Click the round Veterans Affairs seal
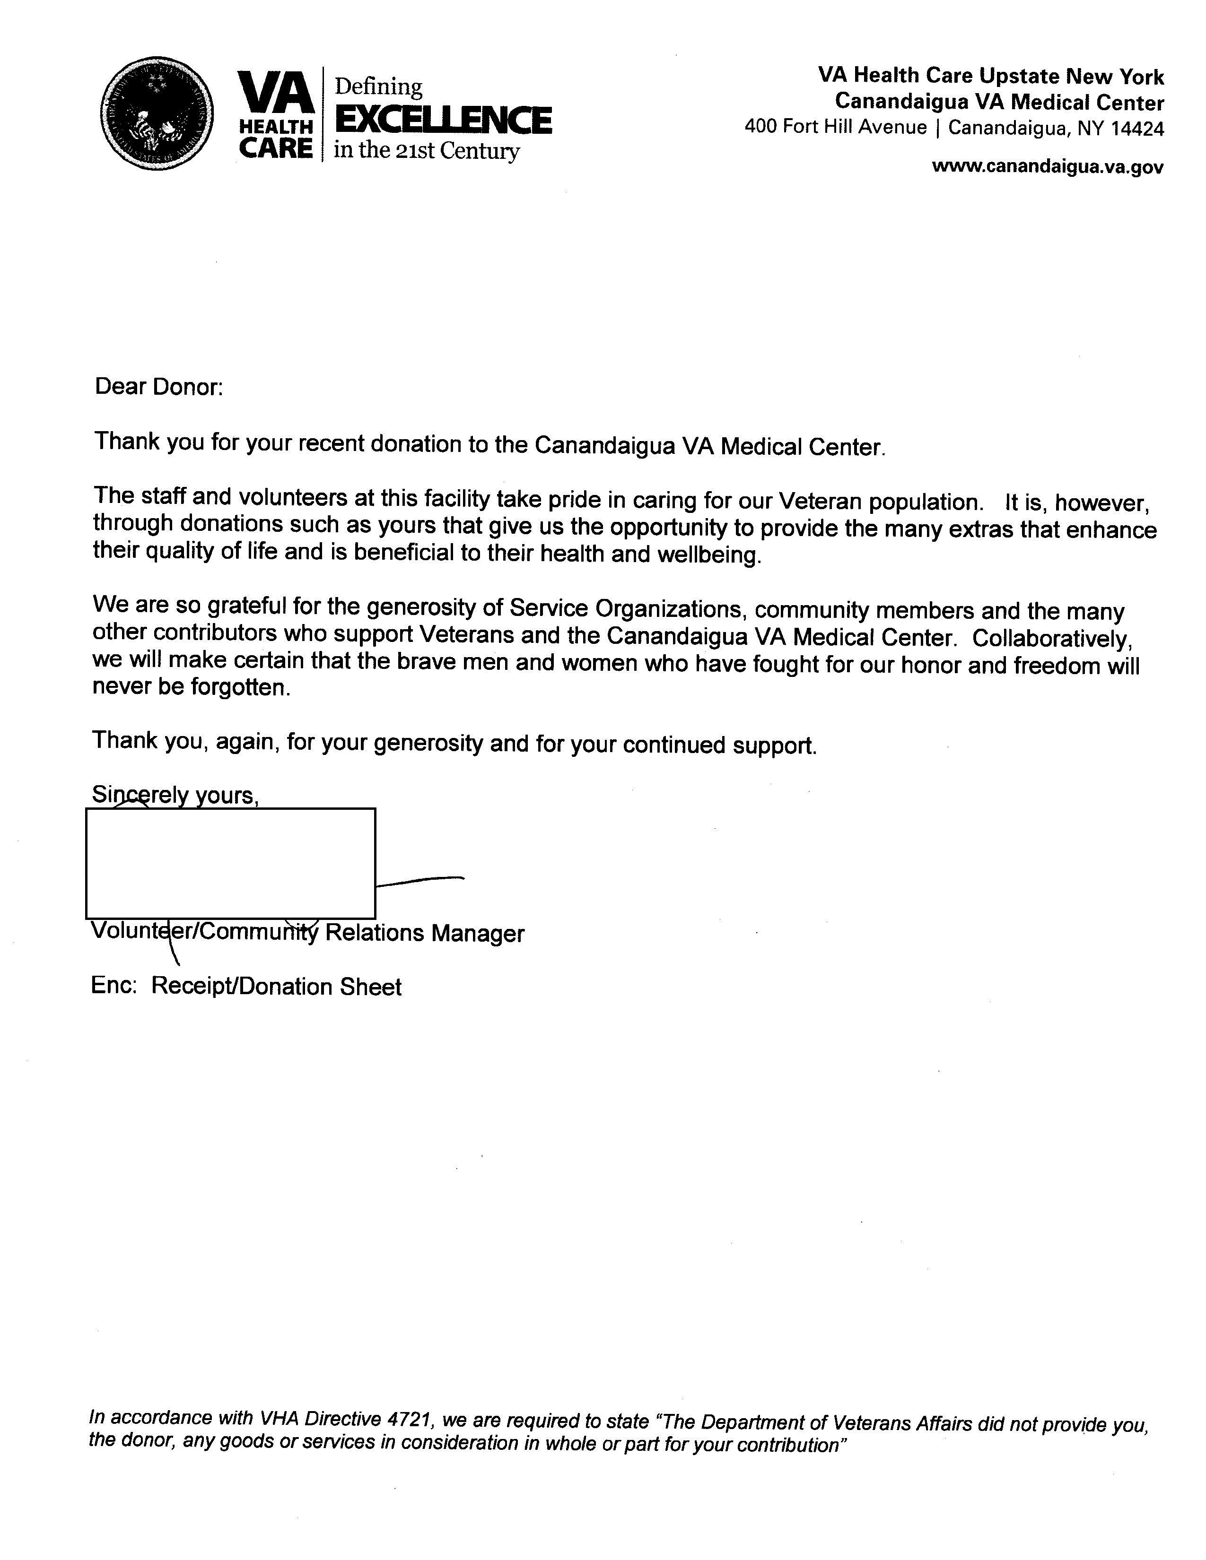[x=157, y=113]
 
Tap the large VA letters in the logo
[x=276, y=91]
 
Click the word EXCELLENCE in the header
[x=443, y=120]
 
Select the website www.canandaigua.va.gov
[x=1048, y=167]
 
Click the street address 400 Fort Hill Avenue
[x=835, y=127]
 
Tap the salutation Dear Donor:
[x=158, y=387]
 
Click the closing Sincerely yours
[x=175, y=795]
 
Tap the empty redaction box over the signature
[x=230, y=863]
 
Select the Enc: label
[x=114, y=986]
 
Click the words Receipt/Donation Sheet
[x=277, y=987]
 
